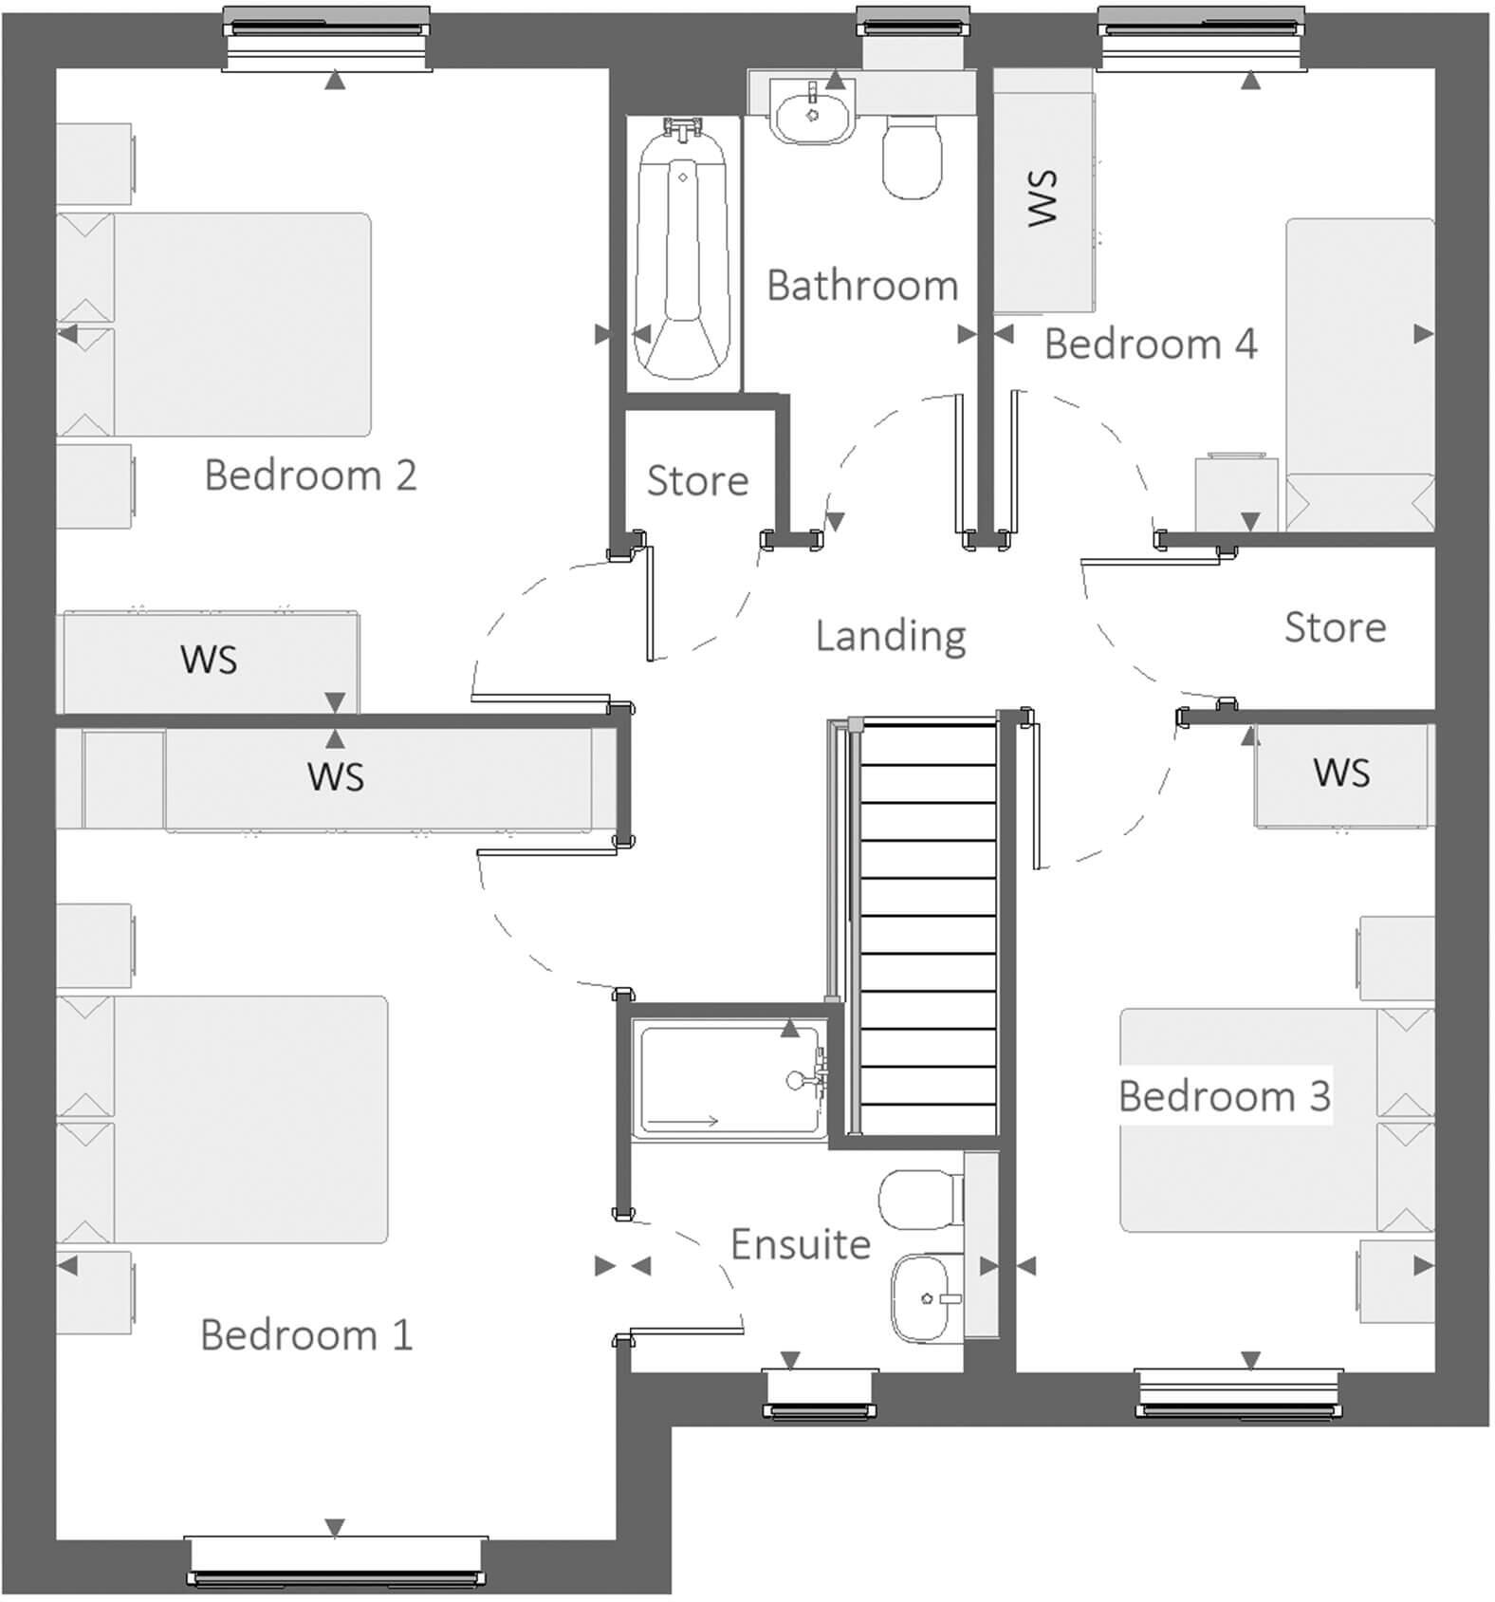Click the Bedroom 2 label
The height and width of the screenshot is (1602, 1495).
[310, 475]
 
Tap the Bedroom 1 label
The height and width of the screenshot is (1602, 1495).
[306, 1334]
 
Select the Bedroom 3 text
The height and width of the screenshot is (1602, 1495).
[1224, 1095]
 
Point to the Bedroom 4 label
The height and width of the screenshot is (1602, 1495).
[1150, 344]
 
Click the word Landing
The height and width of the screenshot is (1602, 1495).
[890, 635]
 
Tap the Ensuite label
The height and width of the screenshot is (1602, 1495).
[800, 1244]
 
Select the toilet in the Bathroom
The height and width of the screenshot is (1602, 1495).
[912, 157]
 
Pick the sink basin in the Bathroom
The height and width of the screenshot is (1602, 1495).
[812, 114]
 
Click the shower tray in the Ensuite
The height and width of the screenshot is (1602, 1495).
[729, 1079]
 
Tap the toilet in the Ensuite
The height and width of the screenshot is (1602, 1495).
[918, 1199]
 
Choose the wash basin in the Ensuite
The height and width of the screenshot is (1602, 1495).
[925, 1298]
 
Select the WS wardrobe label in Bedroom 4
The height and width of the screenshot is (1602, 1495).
[1043, 197]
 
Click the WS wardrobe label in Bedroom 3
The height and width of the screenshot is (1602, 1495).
[1341, 773]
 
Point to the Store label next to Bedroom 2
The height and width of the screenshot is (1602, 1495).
[697, 480]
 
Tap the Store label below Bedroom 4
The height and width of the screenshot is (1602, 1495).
[1334, 627]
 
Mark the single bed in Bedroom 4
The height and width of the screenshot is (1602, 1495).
[1358, 375]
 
